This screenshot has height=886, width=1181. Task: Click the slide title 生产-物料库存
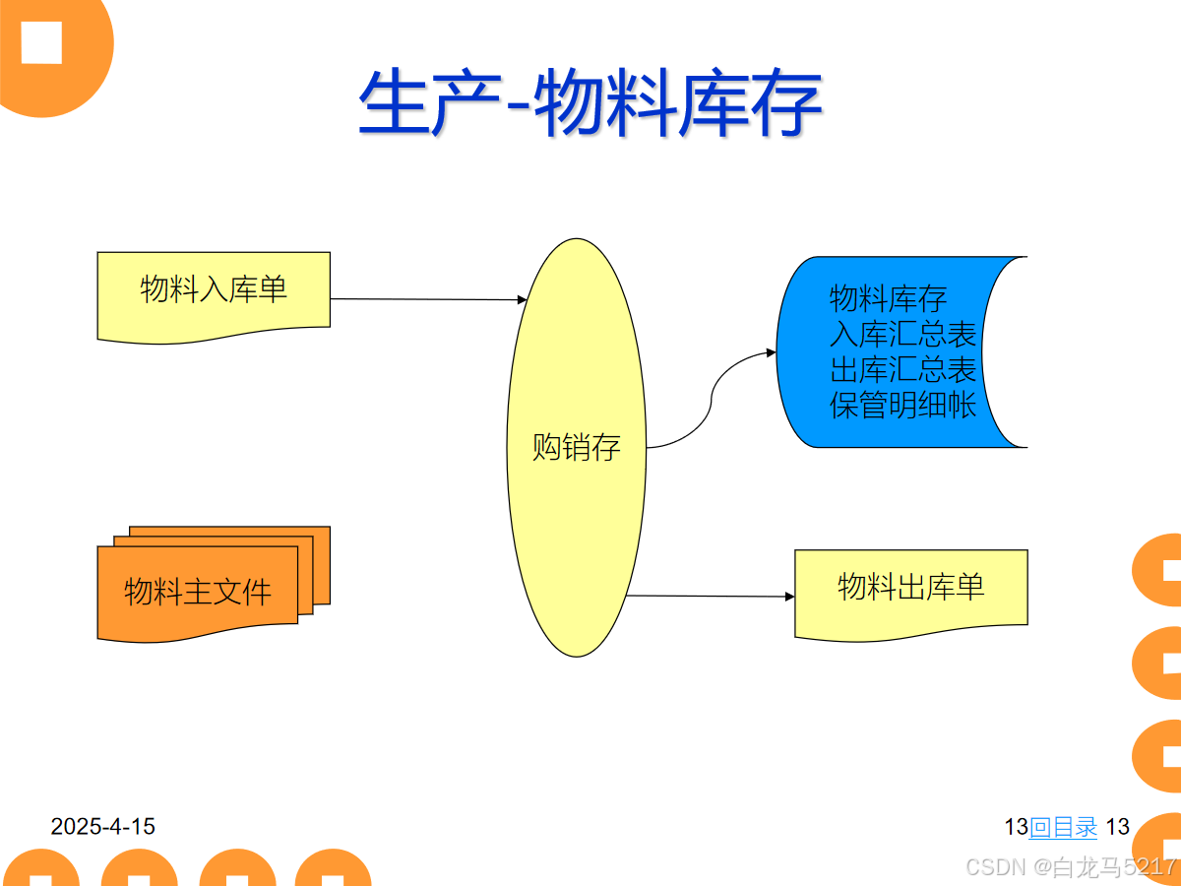pos(590,102)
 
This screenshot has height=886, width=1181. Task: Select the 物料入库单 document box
pos(214,291)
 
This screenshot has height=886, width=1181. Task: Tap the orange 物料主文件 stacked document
pos(198,591)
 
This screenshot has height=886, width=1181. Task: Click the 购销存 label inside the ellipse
pos(577,447)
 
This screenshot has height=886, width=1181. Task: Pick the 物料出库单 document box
pos(910,588)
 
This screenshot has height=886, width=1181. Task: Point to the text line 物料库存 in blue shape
pos(888,298)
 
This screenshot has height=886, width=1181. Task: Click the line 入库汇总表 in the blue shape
pos(902,334)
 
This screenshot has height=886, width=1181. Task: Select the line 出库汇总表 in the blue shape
pos(902,370)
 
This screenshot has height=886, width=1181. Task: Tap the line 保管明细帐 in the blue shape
pos(902,406)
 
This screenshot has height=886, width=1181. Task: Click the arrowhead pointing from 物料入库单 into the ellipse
pos(523,299)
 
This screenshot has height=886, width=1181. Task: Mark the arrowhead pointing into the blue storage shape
pos(771,352)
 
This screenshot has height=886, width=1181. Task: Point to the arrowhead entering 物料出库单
pos(789,597)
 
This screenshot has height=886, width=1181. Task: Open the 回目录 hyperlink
pos(1063,827)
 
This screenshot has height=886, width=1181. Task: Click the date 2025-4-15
pos(103,827)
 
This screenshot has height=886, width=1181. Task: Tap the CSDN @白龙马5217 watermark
pos(1071,866)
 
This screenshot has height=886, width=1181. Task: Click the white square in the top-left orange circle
pos(41,42)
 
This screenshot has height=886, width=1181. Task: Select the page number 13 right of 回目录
pos(1118,827)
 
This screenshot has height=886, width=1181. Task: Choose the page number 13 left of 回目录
pos(1016,827)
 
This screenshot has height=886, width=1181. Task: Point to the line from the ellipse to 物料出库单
pos(709,596)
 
